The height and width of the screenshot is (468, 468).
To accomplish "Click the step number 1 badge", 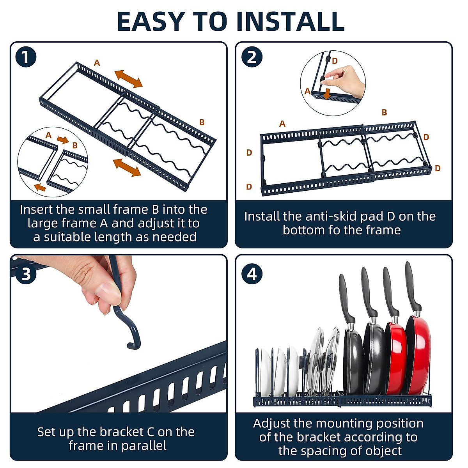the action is [26, 57].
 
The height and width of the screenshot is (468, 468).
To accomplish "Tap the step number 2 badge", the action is [252, 57].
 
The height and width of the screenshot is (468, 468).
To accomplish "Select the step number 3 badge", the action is [26, 274].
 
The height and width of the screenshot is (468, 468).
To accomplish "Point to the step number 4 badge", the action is [252, 274].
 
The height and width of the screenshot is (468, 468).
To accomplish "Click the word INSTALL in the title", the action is [290, 21].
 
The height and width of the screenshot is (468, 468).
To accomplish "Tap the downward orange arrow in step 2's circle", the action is [327, 94].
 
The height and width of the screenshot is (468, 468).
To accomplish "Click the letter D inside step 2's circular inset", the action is [335, 61].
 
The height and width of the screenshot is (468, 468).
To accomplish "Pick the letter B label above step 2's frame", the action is [384, 112].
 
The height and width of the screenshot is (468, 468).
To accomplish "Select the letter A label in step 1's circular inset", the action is [48, 135].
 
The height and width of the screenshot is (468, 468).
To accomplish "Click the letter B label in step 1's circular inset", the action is [75, 145].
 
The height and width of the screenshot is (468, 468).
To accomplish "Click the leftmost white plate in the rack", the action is [265, 372].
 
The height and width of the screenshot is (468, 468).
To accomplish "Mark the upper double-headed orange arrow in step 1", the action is [128, 79].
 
